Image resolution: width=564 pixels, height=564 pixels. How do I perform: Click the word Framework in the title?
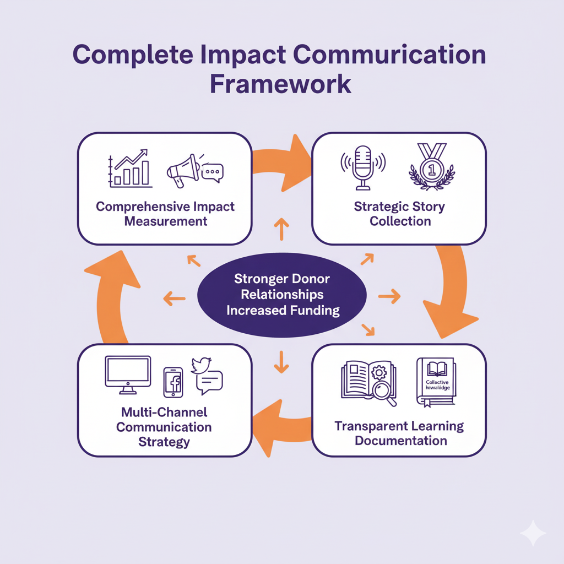[281, 84]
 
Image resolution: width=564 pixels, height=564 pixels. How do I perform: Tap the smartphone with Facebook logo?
[173, 382]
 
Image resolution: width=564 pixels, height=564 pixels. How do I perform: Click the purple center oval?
[281, 295]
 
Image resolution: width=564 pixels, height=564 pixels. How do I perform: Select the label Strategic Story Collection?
[400, 214]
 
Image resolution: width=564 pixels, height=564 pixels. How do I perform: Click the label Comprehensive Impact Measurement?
[165, 214]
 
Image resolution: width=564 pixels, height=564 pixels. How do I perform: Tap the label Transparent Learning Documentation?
[400, 433]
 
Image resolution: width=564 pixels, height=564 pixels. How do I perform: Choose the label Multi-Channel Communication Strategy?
[164, 427]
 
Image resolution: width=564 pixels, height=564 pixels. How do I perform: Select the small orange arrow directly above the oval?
[281, 229]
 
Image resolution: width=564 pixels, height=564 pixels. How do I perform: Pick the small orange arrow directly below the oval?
[281, 361]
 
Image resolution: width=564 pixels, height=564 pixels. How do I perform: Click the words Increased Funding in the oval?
[283, 310]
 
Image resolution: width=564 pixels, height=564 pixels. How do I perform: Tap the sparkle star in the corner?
[533, 533]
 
